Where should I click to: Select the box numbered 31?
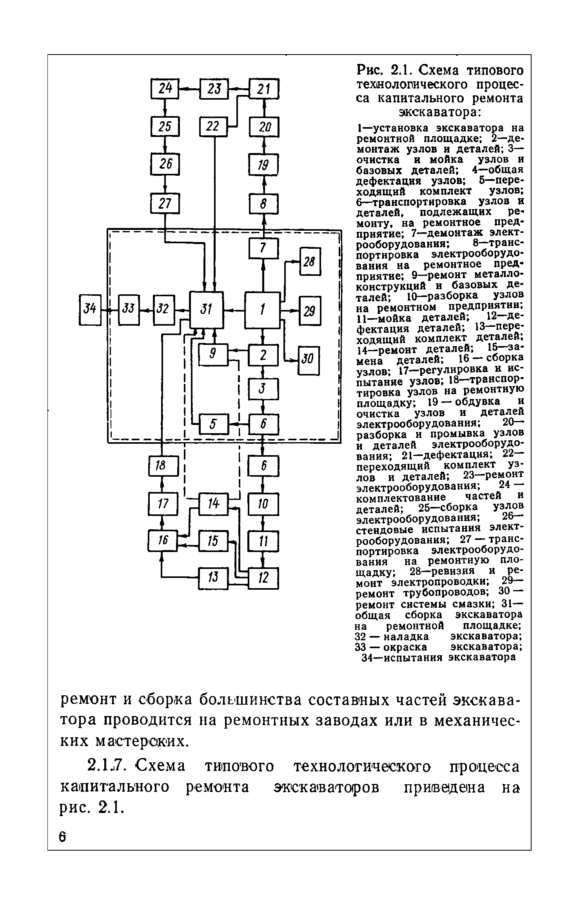206,310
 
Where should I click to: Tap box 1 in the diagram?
263,310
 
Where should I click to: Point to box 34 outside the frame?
90,310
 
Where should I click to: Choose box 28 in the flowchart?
310,261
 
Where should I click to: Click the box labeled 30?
309,360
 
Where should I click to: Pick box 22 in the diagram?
213,127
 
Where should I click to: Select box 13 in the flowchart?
213,577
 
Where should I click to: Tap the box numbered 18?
163,466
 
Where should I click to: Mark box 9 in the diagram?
213,354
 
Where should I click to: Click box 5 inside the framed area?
213,424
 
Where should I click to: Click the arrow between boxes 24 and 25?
165,108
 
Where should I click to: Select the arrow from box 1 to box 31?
234,310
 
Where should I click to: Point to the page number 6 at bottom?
62,833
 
